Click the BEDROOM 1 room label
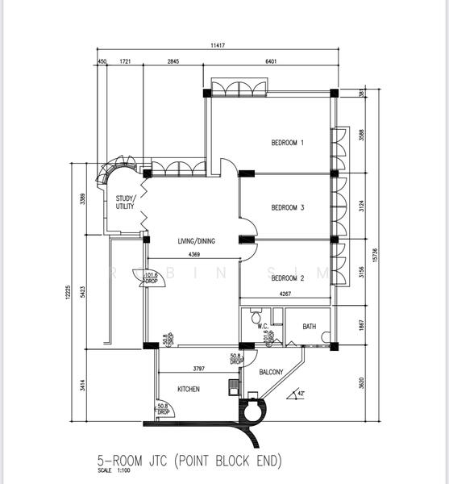point(287,144)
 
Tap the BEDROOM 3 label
point(287,208)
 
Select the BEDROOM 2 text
point(287,278)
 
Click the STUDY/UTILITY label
point(125,202)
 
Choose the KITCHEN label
point(189,389)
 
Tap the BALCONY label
point(272,372)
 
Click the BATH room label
point(310,327)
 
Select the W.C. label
point(262,326)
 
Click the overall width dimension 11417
point(218,46)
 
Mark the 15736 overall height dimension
point(374,255)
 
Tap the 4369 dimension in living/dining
point(194,255)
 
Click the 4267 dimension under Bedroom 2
point(285,294)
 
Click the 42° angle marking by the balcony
point(301,393)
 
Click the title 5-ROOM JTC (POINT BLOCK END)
point(189,461)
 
